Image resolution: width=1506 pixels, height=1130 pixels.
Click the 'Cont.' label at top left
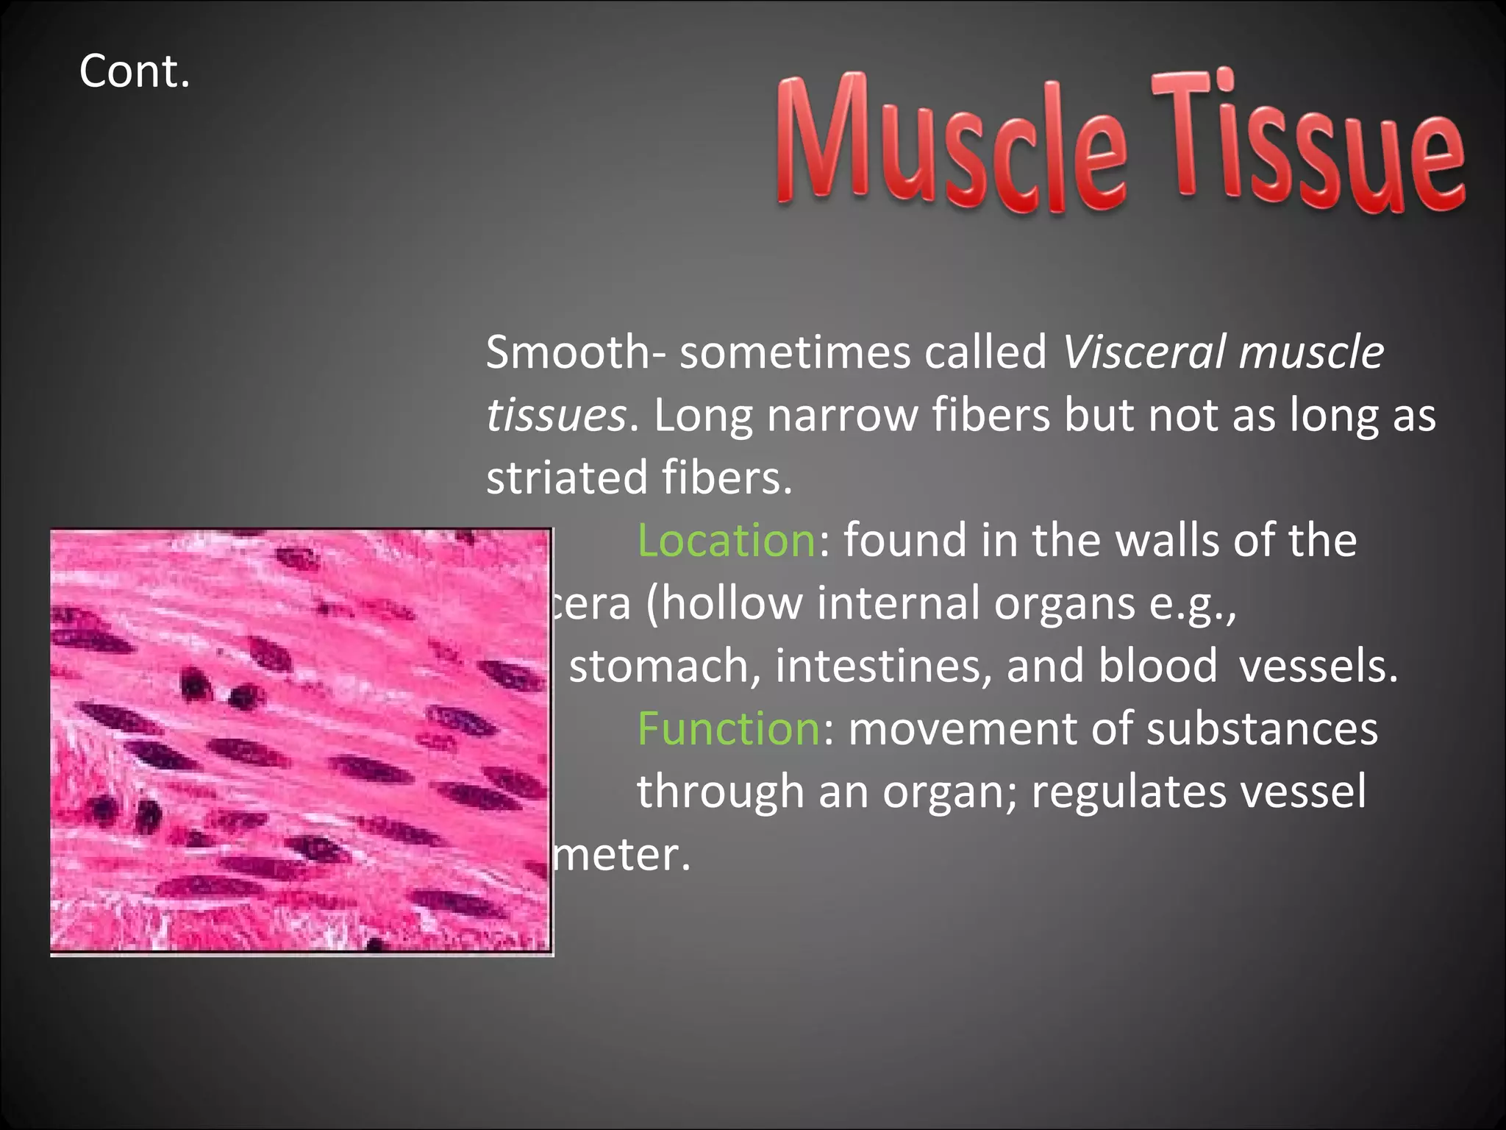pos(135,71)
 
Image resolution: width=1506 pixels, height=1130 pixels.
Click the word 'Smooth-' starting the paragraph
pos(576,352)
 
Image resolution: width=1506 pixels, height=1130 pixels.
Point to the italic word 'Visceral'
pos(1143,352)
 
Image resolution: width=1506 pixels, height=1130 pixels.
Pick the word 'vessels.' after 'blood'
pos(1318,666)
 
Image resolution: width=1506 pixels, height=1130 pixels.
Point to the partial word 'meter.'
pos(622,855)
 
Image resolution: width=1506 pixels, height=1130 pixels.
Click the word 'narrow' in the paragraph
pos(841,415)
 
